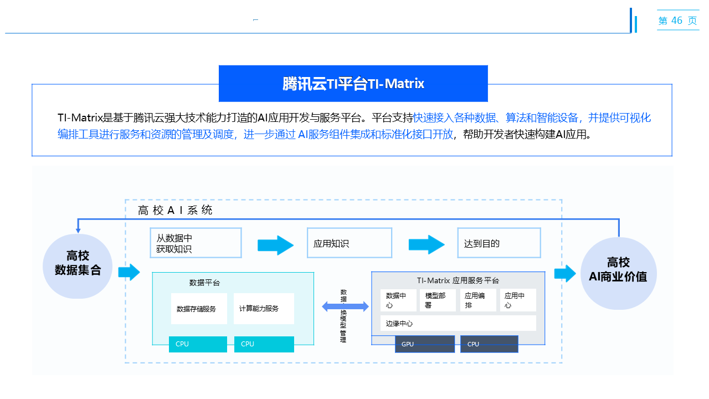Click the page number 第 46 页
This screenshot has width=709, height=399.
[677, 21]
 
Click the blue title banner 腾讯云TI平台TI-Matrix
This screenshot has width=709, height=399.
[353, 84]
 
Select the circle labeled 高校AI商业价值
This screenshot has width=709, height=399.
[618, 269]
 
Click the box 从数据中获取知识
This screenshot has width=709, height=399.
[196, 243]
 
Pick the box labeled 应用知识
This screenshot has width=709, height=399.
[349, 243]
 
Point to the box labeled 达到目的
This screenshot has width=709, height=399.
[499, 243]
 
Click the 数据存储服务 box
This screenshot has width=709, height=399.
[199, 309]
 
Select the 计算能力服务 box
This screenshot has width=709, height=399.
[264, 309]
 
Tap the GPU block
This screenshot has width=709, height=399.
[425, 344]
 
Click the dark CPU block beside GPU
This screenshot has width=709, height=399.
[489, 344]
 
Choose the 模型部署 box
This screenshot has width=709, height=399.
[438, 300]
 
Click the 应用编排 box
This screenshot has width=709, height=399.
[477, 300]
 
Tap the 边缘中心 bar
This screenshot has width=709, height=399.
[458, 323]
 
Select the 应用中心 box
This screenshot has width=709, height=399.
[518, 300]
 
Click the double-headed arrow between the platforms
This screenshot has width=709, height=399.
[346, 306]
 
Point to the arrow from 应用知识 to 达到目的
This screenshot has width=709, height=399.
[427, 244]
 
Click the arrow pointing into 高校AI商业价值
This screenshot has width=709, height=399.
[565, 274]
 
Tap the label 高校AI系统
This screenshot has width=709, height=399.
[175, 211]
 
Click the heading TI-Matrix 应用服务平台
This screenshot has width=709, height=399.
[458, 280]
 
